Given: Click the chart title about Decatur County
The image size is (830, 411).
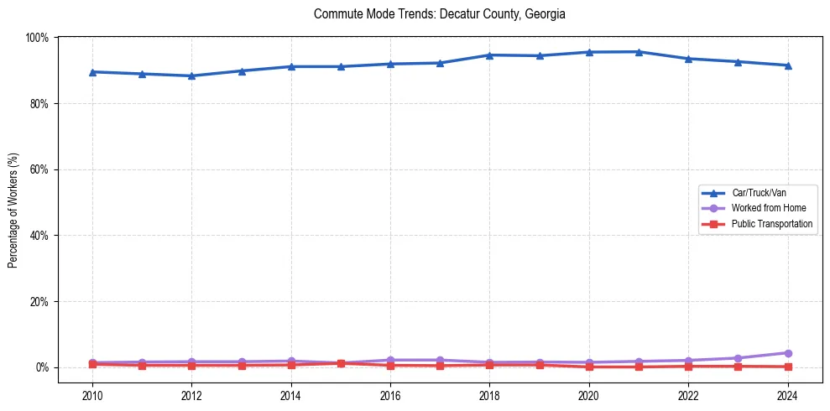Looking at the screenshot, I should (439, 14).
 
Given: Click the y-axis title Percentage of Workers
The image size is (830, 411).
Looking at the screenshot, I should (13, 210).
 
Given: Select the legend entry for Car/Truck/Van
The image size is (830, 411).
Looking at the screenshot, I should (759, 193).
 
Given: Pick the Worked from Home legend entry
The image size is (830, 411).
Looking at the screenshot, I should (769, 208).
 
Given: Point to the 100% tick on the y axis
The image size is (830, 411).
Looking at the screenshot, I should (37, 38).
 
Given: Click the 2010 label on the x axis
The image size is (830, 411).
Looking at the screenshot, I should (92, 396).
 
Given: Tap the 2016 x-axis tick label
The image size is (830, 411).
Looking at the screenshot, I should (390, 396).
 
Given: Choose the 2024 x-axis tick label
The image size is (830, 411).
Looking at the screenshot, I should (787, 396).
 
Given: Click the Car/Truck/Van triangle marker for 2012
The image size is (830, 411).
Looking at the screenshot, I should (191, 75).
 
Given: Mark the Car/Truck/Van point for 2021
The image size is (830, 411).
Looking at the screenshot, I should (639, 52).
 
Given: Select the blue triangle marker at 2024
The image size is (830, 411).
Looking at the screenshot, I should (787, 65).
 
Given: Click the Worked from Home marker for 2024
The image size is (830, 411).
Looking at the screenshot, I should (787, 353).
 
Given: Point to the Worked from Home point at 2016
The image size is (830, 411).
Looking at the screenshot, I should (390, 360).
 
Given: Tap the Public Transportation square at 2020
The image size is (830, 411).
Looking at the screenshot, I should (589, 367).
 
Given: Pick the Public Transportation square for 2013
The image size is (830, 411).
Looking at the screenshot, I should (241, 366).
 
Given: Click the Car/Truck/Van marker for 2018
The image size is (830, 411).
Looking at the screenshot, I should (489, 55).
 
